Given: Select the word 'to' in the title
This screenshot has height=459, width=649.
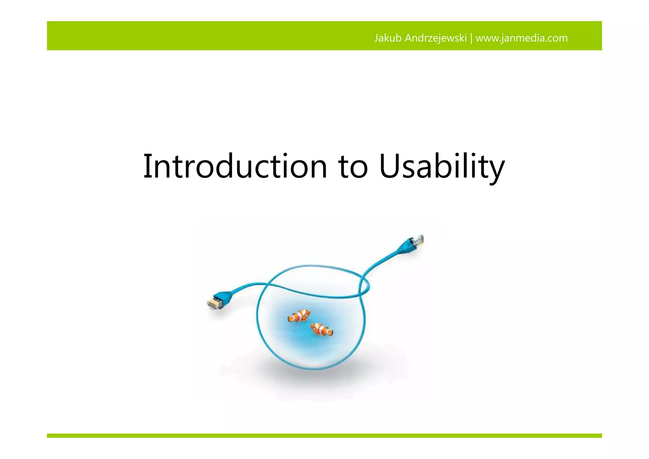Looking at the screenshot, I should coord(353,167).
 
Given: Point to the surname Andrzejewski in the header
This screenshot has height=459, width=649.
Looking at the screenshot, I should coord(436,38).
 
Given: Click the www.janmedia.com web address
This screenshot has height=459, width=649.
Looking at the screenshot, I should coord(522,38).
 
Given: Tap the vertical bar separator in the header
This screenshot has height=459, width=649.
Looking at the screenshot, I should coord(471,38).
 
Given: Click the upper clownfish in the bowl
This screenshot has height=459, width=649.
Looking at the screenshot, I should coord(299,316).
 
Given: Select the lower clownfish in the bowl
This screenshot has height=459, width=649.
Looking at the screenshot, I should coord(322,329).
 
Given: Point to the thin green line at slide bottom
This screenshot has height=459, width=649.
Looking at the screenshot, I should coord(324,436).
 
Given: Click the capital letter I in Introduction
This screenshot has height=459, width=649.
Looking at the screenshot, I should coord(146,166).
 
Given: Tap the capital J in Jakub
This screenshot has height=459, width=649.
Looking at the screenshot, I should coord(376,38).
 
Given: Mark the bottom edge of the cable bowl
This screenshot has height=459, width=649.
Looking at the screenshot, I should coord(312,369).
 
